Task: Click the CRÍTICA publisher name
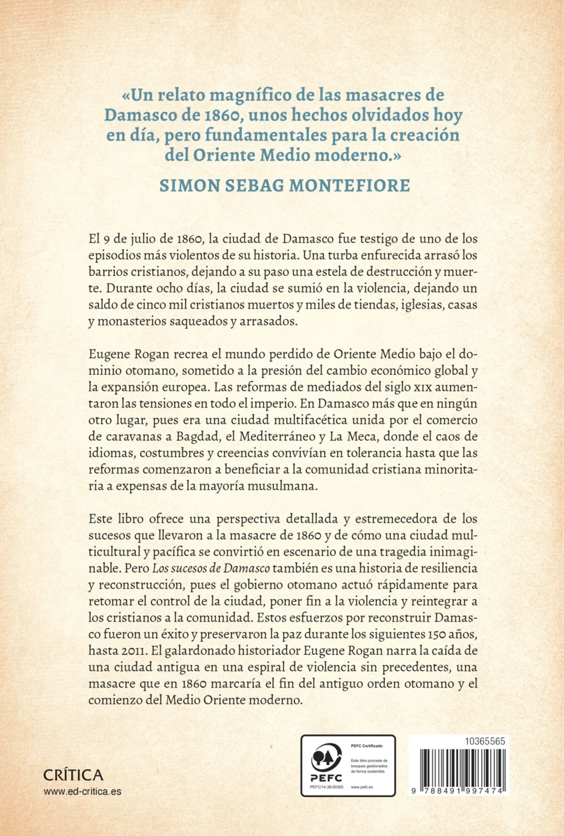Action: pyautogui.click(x=73, y=775)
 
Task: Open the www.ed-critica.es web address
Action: pyautogui.click(x=82, y=791)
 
